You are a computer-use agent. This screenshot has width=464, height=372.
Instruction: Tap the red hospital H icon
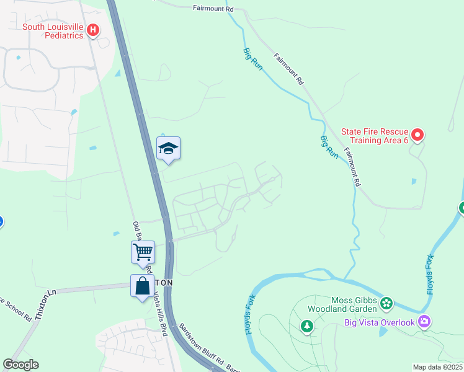(93, 29)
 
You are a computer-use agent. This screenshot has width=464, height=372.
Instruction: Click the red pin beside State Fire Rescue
(417, 134)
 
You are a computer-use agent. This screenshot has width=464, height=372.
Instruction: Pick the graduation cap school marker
(168, 149)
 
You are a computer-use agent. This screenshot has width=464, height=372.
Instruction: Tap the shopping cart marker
(143, 252)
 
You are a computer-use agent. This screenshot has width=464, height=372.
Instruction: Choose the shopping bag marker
(142, 286)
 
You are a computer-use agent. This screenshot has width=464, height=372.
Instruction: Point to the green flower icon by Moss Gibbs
(386, 303)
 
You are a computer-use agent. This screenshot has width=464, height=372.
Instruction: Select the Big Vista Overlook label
(380, 322)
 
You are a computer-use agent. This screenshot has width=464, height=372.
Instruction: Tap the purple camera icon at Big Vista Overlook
(424, 321)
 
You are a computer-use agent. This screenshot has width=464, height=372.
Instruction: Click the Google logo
(20, 365)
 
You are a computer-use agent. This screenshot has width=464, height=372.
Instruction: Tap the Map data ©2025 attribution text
(438, 367)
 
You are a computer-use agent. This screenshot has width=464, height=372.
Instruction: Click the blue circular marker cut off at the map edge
(1, 221)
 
